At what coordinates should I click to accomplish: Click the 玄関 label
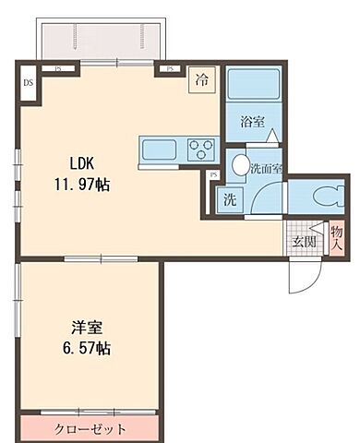click(x=305, y=242)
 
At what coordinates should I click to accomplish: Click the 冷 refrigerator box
click(x=201, y=79)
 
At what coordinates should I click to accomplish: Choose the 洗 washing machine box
click(x=227, y=198)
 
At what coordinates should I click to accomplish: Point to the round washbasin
click(x=240, y=166)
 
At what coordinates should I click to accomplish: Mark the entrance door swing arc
click(x=305, y=272)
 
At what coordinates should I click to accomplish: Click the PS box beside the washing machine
click(x=213, y=174)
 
